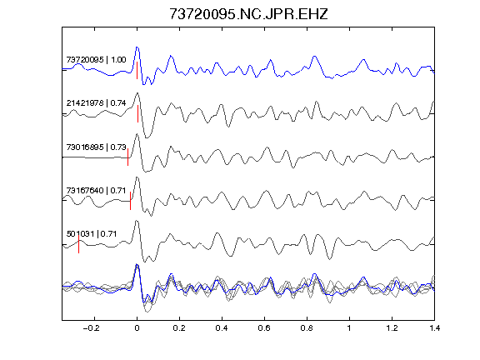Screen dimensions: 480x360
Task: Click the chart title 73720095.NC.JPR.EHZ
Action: pos(248,14)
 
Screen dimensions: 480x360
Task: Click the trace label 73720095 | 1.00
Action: pos(96,59)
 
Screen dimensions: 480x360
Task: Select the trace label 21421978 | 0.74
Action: pos(96,102)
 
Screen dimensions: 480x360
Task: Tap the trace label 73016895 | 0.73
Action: pos(96,147)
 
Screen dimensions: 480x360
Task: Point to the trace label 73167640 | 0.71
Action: pos(96,190)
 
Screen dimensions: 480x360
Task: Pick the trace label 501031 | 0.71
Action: pos(92,234)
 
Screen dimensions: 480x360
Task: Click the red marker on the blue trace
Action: pos(137,70)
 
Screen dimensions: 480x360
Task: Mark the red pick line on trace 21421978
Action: pos(137,114)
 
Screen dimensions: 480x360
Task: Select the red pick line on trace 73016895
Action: pos(127,157)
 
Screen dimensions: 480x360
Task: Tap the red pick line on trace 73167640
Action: pos(130,201)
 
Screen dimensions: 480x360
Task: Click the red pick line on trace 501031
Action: pos(78,244)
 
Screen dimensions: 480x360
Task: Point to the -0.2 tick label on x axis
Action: pos(92,328)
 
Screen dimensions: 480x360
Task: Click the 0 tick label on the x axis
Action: pos(137,328)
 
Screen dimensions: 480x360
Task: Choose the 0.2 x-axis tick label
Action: pos(179,328)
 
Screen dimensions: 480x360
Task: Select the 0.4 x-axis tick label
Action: pos(222,328)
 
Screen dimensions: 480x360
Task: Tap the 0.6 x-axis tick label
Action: pos(264,328)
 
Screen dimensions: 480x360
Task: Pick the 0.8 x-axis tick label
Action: pos(307,328)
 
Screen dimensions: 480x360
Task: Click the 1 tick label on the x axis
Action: pos(349,328)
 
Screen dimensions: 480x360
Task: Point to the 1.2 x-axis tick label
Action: pos(392,328)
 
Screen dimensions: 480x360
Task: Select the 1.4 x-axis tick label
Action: pos(434,328)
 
